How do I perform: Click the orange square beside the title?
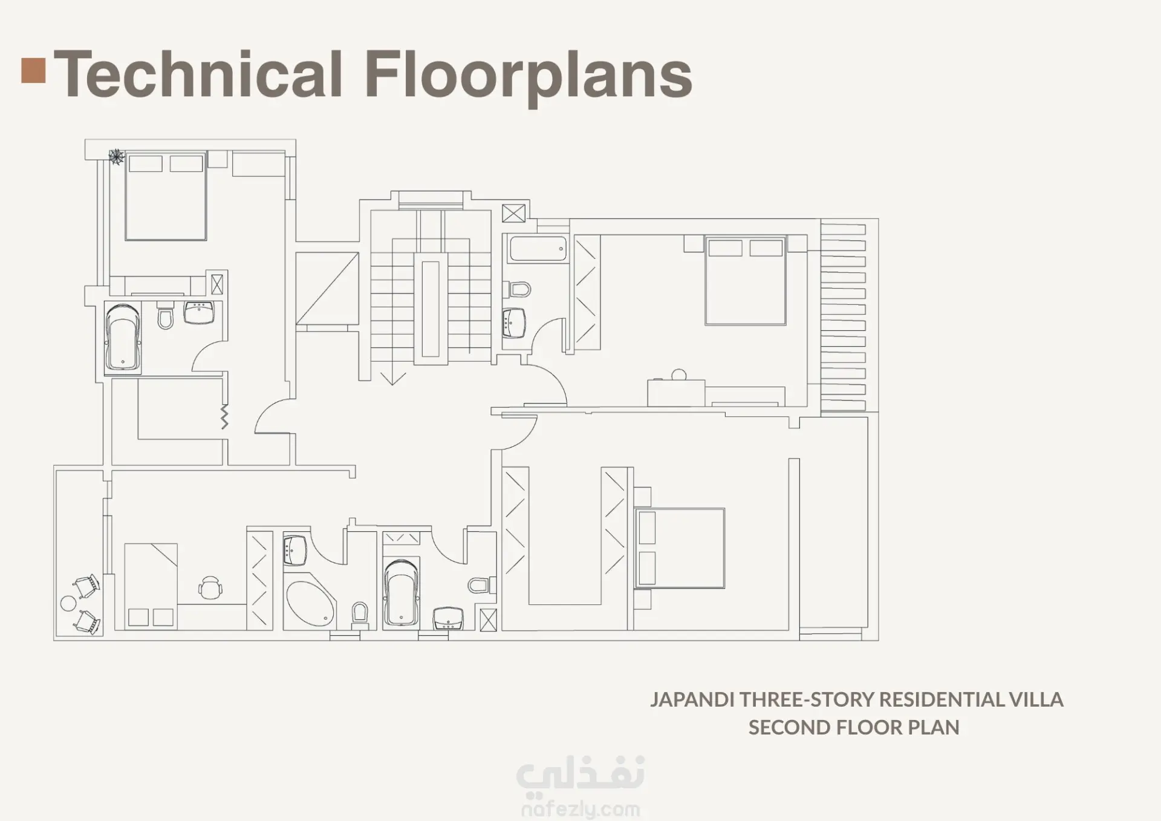33,70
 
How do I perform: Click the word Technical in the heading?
199,74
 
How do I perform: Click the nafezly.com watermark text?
580,809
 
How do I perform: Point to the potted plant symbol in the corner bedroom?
115,157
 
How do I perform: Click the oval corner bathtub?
309,606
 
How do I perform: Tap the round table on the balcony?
68,603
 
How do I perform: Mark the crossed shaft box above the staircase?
513,214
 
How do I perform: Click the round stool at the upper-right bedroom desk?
679,375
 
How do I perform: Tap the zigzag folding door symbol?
224,417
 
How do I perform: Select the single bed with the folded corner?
151,585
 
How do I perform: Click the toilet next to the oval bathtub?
360,612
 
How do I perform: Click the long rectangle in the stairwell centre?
431,309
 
